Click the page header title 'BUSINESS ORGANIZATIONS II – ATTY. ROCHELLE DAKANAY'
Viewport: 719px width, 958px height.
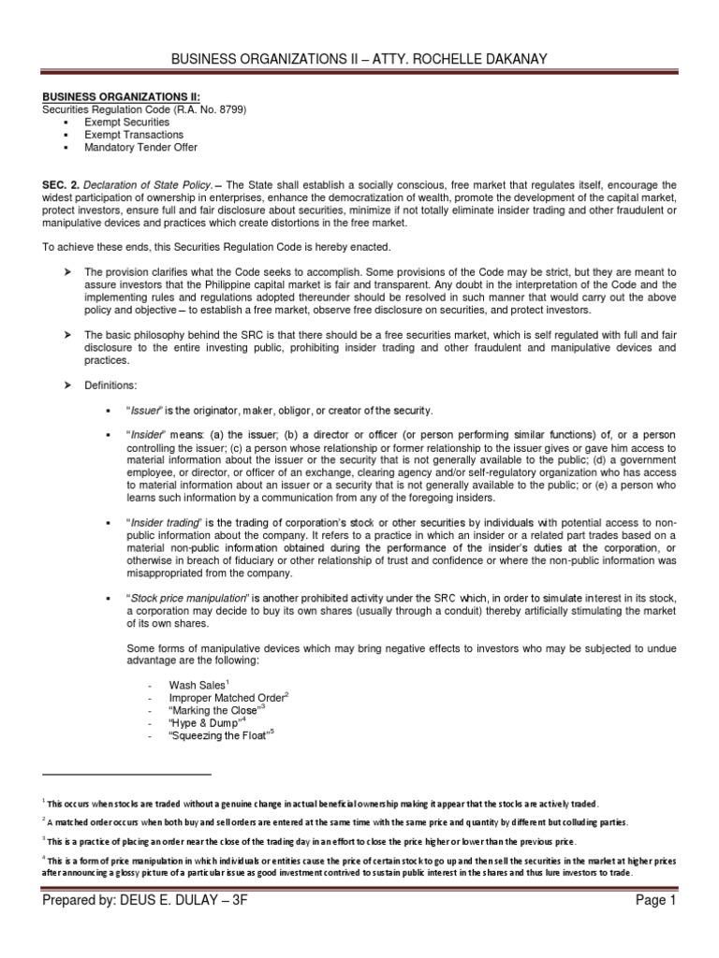click(x=359, y=60)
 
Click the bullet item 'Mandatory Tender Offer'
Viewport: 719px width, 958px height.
click(x=139, y=148)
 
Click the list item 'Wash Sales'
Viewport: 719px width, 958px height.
click(x=191, y=685)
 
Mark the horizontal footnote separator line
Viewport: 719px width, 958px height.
click(x=127, y=775)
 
